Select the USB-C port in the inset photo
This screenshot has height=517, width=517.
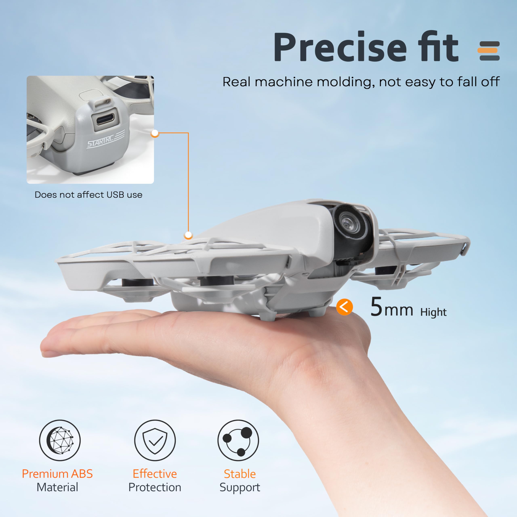pyautogui.click(x=105, y=119)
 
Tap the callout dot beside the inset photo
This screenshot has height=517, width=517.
pyautogui.click(x=155, y=133)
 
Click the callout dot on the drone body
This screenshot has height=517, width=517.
pyautogui.click(x=188, y=235)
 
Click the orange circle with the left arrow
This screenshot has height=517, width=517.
pyautogui.click(x=344, y=307)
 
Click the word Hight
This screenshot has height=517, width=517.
pyautogui.click(x=433, y=312)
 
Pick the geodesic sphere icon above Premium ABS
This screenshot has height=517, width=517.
pyautogui.click(x=60, y=440)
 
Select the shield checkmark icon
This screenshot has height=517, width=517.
pyautogui.click(x=155, y=440)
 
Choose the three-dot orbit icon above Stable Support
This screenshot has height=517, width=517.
pyautogui.click(x=238, y=440)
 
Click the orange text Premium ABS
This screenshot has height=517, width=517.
pyautogui.click(x=57, y=474)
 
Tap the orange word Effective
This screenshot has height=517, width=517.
pyautogui.click(x=155, y=474)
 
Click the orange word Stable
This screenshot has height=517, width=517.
pyautogui.click(x=240, y=474)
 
